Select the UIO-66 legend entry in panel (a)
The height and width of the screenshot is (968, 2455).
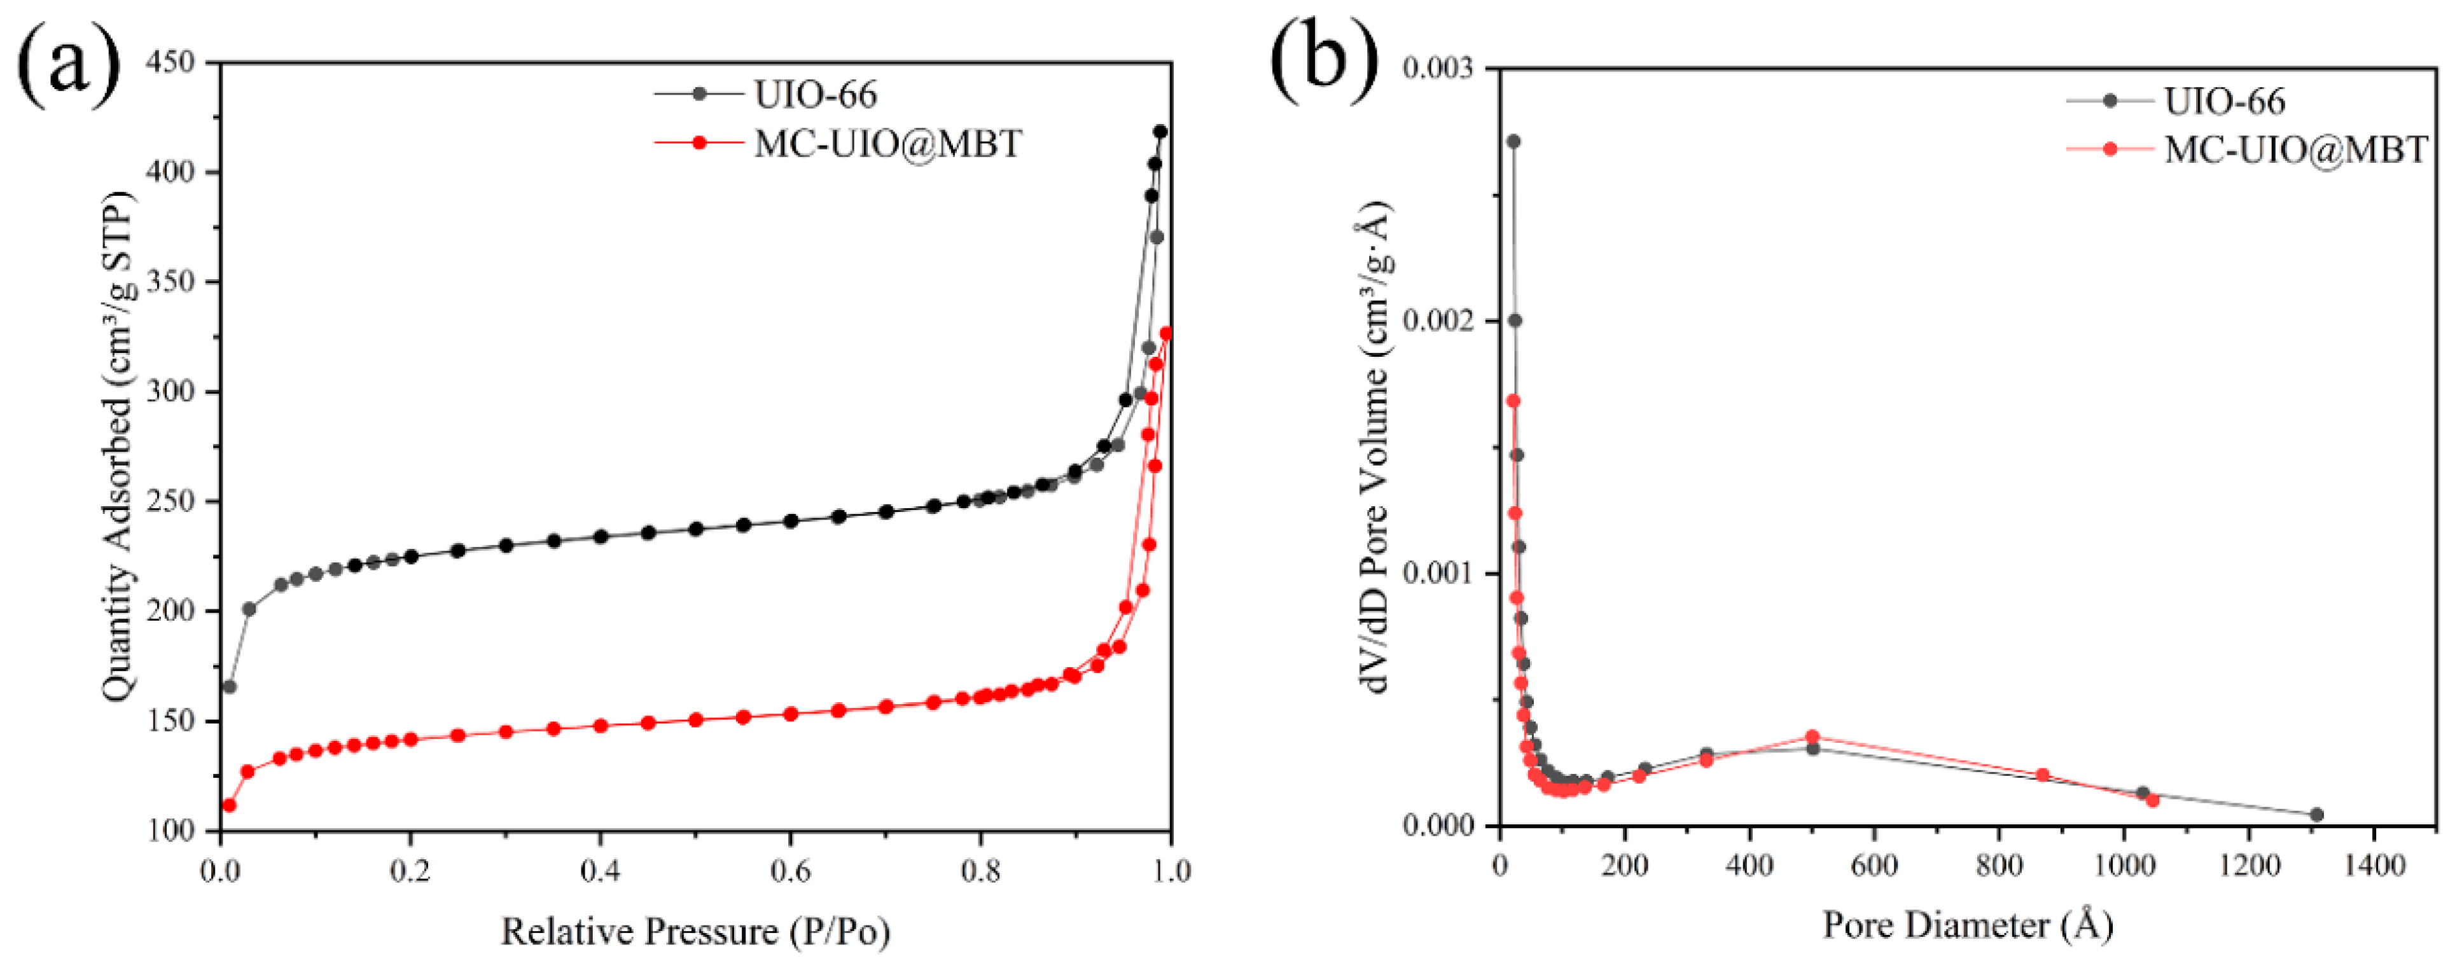pyautogui.click(x=815, y=93)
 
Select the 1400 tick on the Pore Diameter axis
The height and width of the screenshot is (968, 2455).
pyautogui.click(x=2373, y=864)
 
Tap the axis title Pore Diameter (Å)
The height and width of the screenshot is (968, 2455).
pyautogui.click(x=1968, y=924)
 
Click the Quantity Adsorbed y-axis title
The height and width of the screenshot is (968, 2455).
pyautogui.click(x=118, y=448)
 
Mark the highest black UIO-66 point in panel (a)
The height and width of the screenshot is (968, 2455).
pyautogui.click(x=1160, y=132)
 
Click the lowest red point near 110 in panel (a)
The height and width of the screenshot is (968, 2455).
pyautogui.click(x=229, y=805)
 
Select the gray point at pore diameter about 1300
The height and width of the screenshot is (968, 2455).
pyautogui.click(x=2317, y=815)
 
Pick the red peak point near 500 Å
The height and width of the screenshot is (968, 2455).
pyautogui.click(x=1812, y=736)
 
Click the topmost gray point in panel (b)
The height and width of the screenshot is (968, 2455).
pyautogui.click(x=1512, y=141)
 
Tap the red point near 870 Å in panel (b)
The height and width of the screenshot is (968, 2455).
pyautogui.click(x=2042, y=775)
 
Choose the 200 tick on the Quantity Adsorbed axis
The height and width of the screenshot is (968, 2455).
pyautogui.click(x=172, y=611)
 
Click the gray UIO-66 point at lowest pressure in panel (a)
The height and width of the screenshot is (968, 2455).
pyautogui.click(x=229, y=686)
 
